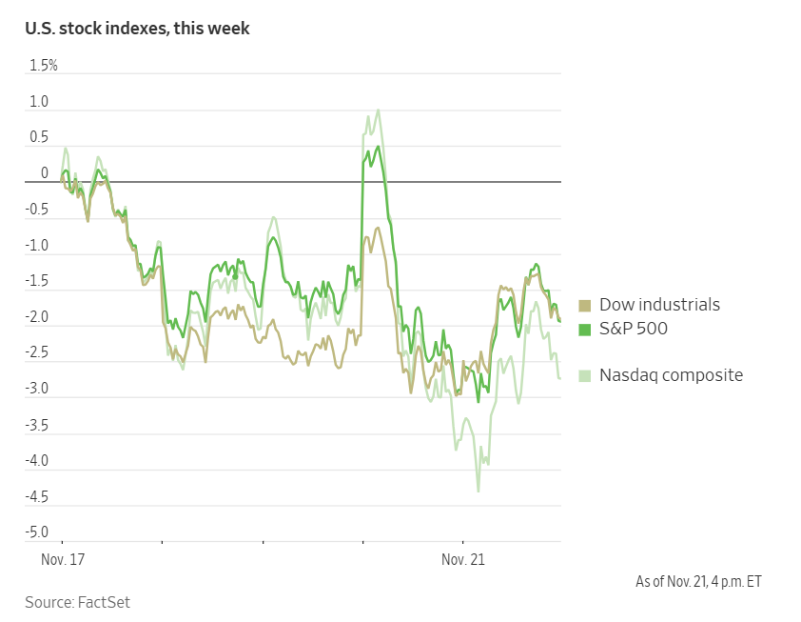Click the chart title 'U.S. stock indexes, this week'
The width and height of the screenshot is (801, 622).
[x=137, y=29]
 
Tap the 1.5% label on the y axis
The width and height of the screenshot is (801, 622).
[x=44, y=66]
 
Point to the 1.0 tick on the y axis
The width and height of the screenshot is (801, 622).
[x=39, y=102]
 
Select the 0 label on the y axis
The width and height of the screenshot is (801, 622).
[x=45, y=173]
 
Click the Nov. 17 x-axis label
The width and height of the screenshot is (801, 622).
[x=63, y=560]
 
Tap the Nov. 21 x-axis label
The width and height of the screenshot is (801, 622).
[x=463, y=560]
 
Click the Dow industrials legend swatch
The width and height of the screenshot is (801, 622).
[x=585, y=306]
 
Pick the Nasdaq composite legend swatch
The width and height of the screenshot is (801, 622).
[x=585, y=375]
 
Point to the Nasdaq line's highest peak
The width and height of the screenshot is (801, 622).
[x=378, y=110]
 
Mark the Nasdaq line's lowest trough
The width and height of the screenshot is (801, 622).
[x=479, y=492]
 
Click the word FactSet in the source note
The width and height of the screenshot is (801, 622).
[x=104, y=602]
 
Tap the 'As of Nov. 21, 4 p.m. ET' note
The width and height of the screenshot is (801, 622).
[x=698, y=581]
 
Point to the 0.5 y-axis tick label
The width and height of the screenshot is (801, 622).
[x=39, y=138]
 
